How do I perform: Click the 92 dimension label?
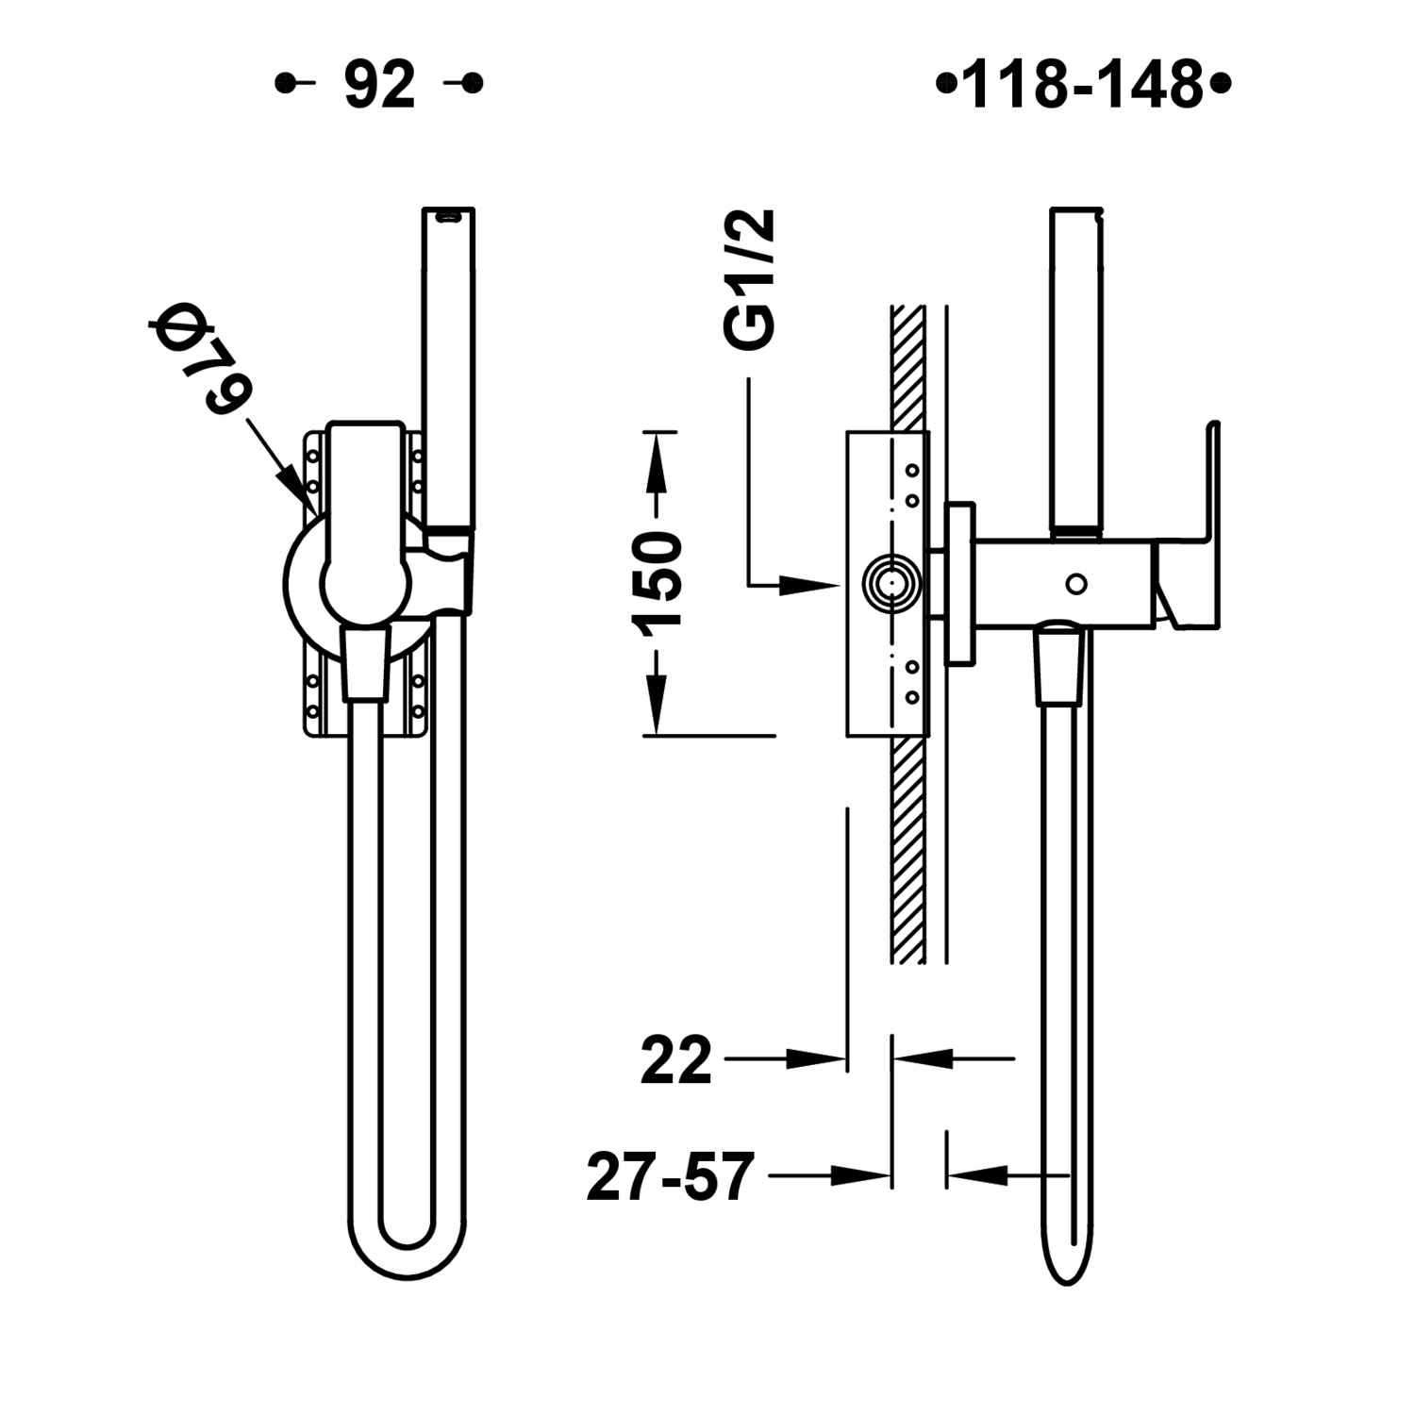(x=379, y=85)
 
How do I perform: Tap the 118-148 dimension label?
(x=1083, y=85)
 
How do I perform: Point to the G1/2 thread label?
(x=752, y=280)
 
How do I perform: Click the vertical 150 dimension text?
(x=657, y=581)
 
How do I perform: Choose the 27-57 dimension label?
(x=671, y=1176)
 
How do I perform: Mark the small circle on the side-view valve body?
(x=1075, y=584)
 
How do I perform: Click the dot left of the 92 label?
(x=281, y=84)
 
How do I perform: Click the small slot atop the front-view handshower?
(x=448, y=216)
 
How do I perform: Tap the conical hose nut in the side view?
(x=1058, y=668)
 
